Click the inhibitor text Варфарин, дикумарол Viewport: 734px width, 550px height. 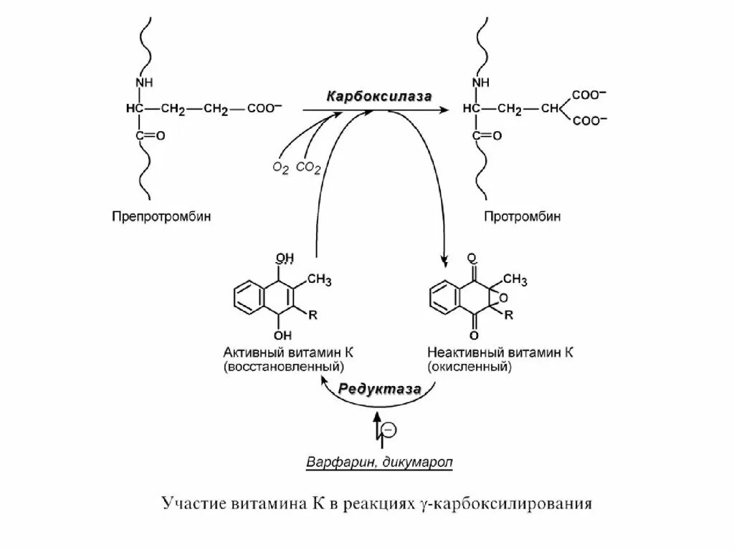click(x=379, y=461)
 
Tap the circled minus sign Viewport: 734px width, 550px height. click(x=388, y=429)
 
